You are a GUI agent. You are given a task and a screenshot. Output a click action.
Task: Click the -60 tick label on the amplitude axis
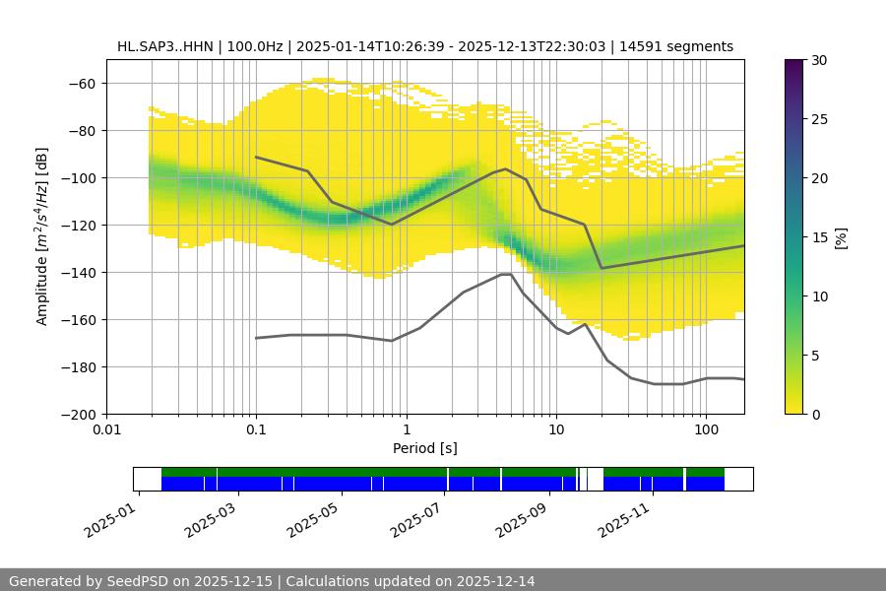(x=81, y=83)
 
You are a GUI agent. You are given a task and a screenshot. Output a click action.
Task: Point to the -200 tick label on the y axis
(x=77, y=414)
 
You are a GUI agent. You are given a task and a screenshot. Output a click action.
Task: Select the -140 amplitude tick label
(x=77, y=272)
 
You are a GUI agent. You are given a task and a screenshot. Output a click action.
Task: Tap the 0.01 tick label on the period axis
(x=106, y=430)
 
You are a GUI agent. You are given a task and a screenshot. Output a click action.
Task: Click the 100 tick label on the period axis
(x=705, y=430)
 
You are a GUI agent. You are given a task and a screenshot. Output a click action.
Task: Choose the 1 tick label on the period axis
(x=406, y=430)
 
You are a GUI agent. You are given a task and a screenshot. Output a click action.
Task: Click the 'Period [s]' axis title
(x=425, y=448)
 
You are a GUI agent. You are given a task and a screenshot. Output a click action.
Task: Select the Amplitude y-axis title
(x=42, y=236)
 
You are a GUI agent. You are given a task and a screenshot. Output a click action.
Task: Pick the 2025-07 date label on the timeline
(x=413, y=516)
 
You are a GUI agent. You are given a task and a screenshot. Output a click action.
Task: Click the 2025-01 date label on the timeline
(x=107, y=516)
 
